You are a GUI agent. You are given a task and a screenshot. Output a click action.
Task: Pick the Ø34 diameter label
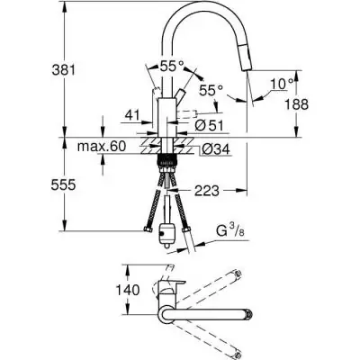tap(212, 148)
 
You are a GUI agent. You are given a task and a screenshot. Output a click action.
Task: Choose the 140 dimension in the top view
tap(133, 290)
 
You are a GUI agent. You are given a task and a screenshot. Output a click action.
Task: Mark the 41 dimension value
tap(133, 115)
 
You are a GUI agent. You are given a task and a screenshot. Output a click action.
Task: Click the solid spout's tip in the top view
tap(248, 316)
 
